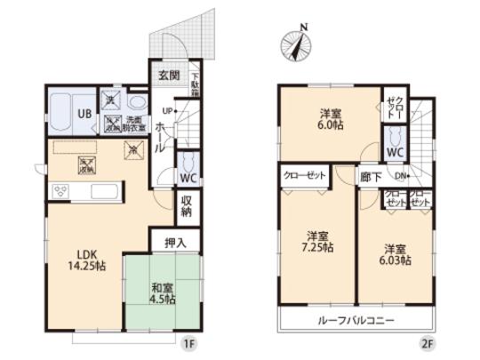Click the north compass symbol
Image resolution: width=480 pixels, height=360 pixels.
click(x=297, y=42)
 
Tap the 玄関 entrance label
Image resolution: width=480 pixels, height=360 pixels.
click(x=170, y=76)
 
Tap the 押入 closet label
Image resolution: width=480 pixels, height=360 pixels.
click(x=175, y=241)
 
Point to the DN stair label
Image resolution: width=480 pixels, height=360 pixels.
click(x=401, y=177)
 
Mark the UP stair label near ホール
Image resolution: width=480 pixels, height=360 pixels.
click(x=166, y=111)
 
